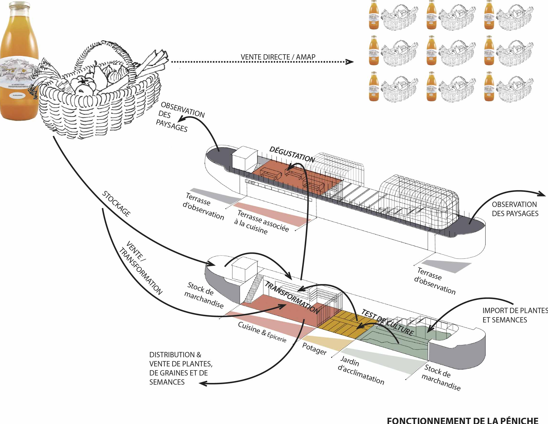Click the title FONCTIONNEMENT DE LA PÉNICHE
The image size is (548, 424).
tap(463, 420)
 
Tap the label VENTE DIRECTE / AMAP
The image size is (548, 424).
tap(278, 57)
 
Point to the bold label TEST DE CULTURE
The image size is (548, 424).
tap(387, 323)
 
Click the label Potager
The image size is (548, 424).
tap(314, 349)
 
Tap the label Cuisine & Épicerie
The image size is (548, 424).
tap(262, 332)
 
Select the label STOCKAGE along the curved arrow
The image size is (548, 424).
tap(116, 204)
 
